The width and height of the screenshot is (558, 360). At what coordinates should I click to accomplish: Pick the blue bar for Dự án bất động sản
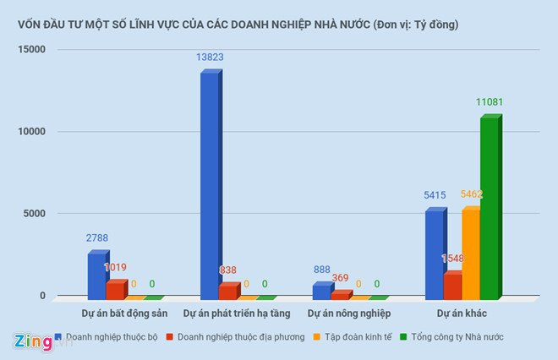click(97, 275)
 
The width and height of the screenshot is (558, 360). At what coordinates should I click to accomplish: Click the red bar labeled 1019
click(116, 290)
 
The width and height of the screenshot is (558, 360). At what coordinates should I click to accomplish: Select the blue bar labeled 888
click(321, 292)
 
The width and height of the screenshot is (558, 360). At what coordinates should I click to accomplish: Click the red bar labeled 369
click(340, 295)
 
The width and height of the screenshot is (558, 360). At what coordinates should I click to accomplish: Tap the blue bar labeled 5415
click(434, 254)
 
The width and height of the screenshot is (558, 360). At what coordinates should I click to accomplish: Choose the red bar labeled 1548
click(452, 286)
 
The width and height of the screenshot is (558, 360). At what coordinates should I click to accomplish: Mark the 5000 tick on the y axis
click(33, 214)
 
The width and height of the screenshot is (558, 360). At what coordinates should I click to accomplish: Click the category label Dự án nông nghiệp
click(349, 314)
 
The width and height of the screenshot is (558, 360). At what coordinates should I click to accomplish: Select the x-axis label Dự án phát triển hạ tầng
click(237, 314)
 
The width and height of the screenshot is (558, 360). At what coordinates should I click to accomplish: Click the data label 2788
click(97, 238)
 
